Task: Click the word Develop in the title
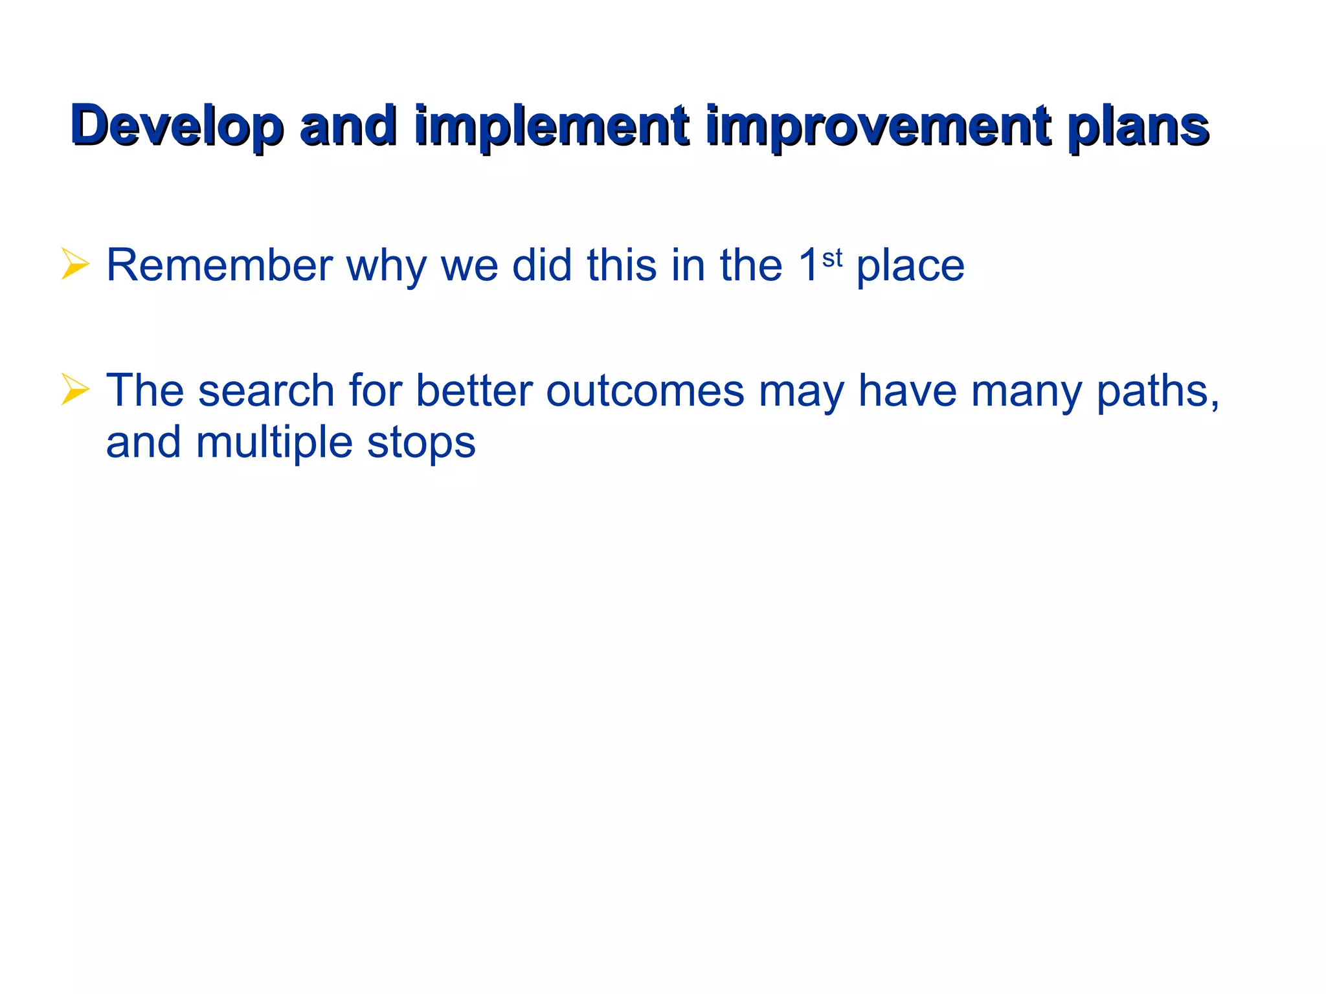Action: [177, 126]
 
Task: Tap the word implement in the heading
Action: [551, 126]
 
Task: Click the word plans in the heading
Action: [1138, 126]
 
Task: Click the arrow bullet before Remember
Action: [74, 264]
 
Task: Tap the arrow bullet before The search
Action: [74, 389]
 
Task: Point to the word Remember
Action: [219, 265]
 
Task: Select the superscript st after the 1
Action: [832, 258]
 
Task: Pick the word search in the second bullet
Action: [265, 390]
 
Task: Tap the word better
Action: [474, 390]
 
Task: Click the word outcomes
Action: [645, 390]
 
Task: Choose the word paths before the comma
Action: [1152, 390]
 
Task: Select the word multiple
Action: [274, 443]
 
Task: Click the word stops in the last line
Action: [421, 443]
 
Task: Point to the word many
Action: [1026, 392]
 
